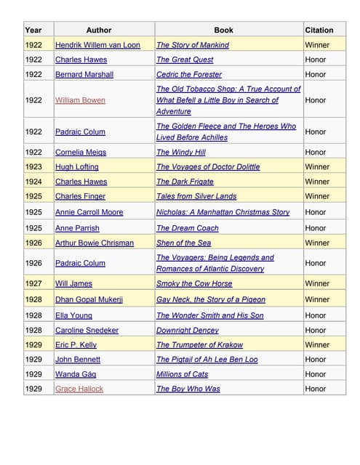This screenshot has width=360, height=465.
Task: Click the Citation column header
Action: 319,30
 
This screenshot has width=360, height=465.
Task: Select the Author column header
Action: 99,30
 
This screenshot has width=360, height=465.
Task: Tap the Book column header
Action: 224,30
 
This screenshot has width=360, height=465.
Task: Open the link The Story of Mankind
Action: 193,45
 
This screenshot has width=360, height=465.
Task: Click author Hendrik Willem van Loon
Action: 97,45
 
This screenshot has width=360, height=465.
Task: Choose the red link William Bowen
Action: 80,100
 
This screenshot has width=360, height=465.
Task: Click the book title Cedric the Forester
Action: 189,74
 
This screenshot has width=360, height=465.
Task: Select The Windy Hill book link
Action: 181,153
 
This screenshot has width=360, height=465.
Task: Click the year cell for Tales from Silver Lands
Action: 33,196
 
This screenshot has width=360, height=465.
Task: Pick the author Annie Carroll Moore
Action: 89,212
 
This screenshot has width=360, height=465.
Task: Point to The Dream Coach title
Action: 188,228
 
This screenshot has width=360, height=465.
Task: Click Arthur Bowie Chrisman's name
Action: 95,243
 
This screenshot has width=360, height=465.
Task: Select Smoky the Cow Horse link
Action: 194,283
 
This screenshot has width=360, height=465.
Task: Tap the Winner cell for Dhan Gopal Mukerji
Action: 317,299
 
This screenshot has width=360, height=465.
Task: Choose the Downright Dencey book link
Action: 188,330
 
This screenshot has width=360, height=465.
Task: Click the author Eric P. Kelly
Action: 76,345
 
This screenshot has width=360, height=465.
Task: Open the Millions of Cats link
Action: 183,374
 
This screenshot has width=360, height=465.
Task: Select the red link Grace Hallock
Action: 79,389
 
